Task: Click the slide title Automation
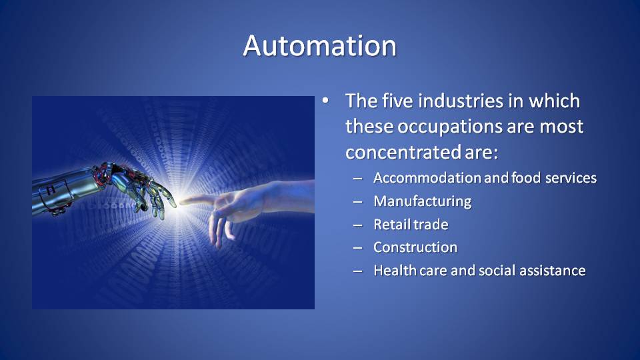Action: pyautogui.click(x=319, y=45)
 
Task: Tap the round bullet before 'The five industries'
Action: pyautogui.click(x=325, y=101)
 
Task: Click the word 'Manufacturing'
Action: pyautogui.click(x=423, y=201)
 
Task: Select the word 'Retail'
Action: pyautogui.click(x=391, y=224)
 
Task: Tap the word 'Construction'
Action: pyautogui.click(x=415, y=247)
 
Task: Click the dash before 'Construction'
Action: pyautogui.click(x=358, y=248)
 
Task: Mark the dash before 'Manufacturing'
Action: pyautogui.click(x=358, y=201)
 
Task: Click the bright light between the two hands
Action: pyautogui.click(x=178, y=202)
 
